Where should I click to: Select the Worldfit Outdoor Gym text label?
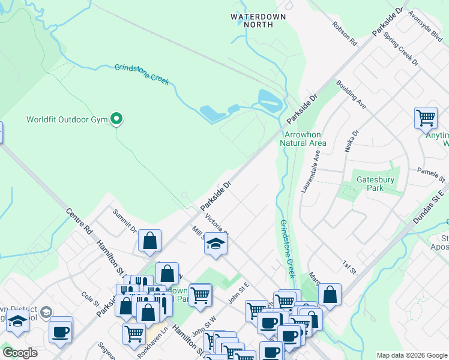pyautogui.click(x=67, y=119)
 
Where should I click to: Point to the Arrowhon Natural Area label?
pyautogui.click(x=303, y=139)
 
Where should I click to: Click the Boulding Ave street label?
pyautogui.click(x=351, y=95)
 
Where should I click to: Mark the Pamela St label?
pyautogui.click(x=432, y=175)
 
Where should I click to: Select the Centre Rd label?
pyautogui.click(x=79, y=221)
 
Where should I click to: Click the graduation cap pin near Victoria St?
pyautogui.click(x=215, y=244)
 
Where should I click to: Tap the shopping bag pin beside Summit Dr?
pyautogui.click(x=149, y=241)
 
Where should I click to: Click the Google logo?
pyautogui.click(x=20, y=353)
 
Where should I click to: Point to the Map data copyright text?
pyautogui.click(x=412, y=355)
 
